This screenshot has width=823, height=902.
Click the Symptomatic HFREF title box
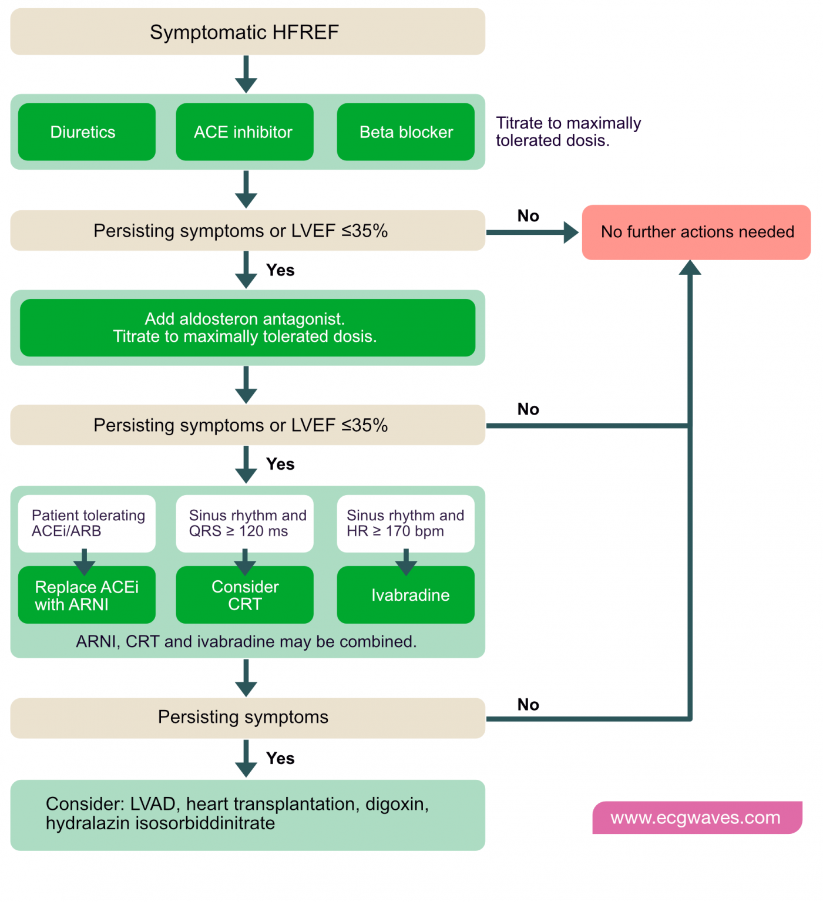point(247,32)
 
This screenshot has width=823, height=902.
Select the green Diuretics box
point(86,132)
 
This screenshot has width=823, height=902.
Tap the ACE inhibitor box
point(244,132)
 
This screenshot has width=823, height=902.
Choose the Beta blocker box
point(405,132)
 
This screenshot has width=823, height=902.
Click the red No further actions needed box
point(696,232)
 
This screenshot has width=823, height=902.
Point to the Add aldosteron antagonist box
point(247,328)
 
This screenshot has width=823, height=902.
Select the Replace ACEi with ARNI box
point(86,595)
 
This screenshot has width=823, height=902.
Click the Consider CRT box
point(244,595)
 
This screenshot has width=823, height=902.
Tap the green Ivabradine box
point(405,595)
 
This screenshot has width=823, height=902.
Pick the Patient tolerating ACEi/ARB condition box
point(86,523)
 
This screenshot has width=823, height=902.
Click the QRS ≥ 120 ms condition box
point(244,523)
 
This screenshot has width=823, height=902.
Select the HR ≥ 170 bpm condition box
point(405,523)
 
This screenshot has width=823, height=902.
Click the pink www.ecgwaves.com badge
point(697,817)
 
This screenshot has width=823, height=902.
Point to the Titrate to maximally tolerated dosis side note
point(567,132)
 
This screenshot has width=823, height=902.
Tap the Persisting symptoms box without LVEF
point(247,718)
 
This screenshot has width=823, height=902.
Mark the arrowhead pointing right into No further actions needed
point(570,233)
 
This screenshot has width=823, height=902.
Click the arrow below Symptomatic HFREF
point(246,75)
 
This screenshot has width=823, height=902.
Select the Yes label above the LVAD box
point(280,758)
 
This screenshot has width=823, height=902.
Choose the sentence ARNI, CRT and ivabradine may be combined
point(246,641)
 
